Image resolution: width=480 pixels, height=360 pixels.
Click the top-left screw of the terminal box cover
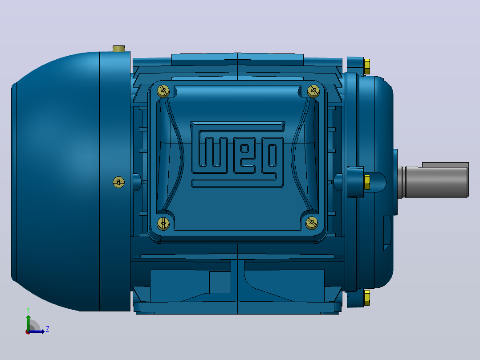(163, 91)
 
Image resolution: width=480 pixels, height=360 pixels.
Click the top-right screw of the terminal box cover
(313, 91)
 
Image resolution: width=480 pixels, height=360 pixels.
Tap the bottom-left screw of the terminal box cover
(163, 224)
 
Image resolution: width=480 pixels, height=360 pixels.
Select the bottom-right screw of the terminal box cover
(312, 223)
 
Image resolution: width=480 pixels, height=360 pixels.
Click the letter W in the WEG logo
(213, 152)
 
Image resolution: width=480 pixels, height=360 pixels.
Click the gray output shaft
(433, 182)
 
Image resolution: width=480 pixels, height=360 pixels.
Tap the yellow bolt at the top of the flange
(367, 66)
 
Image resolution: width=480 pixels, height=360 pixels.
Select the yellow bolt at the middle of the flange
(367, 182)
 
